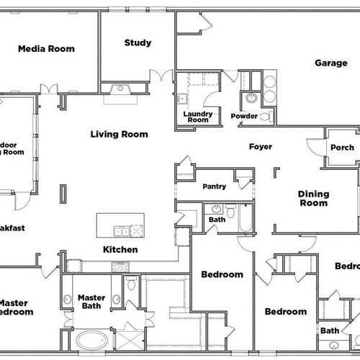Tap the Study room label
point(138,42)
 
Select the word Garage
point(331,63)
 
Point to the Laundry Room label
point(196,117)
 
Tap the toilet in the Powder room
point(264,115)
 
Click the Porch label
point(341,148)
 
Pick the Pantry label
point(214,186)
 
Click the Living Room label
point(119,134)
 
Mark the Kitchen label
point(120,250)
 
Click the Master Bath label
point(91,303)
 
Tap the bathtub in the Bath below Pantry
point(245,217)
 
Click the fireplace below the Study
point(121,90)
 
